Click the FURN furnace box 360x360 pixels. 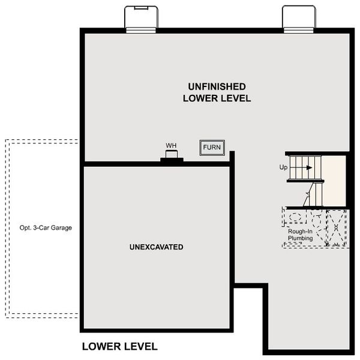click(x=212, y=147)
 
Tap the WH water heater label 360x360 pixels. click(x=171, y=145)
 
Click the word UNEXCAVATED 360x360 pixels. click(x=155, y=247)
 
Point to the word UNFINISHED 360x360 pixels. click(x=217, y=86)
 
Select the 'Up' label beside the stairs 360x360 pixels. click(x=284, y=167)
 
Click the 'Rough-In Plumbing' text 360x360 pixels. click(x=300, y=235)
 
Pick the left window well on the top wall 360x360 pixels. click(x=142, y=17)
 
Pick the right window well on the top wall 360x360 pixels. click(x=299, y=17)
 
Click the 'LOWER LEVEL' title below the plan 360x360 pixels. click(x=119, y=346)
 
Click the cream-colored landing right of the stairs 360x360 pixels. click(x=335, y=180)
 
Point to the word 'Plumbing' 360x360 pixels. click(x=300, y=238)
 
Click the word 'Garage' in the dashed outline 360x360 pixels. click(x=61, y=227)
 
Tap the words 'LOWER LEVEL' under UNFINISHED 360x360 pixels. click(x=217, y=98)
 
